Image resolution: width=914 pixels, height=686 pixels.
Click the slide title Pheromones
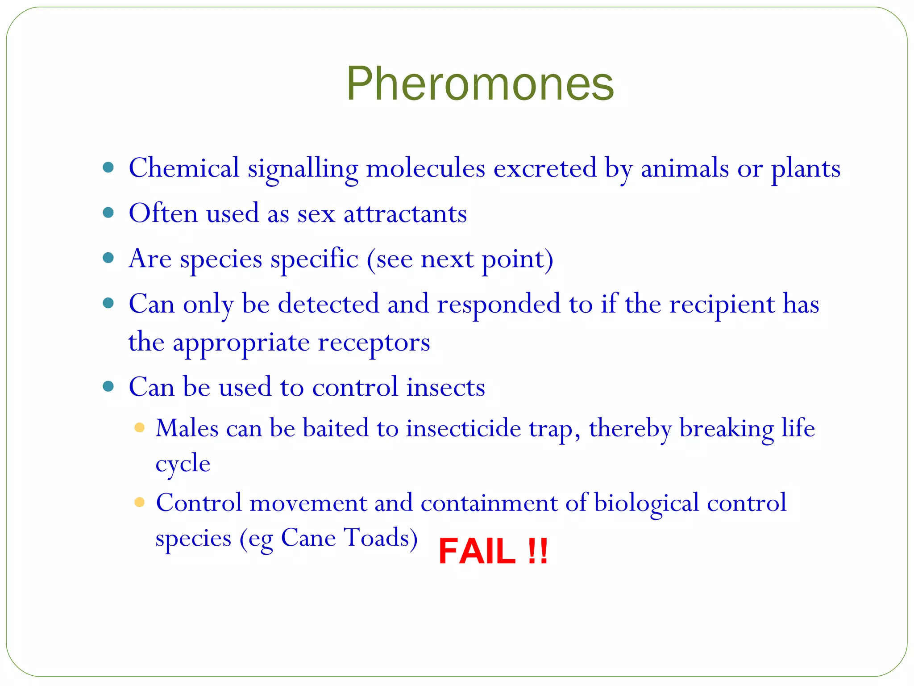(x=480, y=84)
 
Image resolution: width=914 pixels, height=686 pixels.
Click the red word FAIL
(x=477, y=551)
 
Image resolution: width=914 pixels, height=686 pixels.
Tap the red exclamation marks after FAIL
(x=537, y=551)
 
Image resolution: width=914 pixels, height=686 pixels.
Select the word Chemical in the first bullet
(x=184, y=168)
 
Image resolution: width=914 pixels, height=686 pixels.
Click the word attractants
(x=405, y=213)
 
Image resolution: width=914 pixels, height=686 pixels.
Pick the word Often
(x=163, y=213)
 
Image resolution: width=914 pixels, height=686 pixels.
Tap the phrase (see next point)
(x=460, y=259)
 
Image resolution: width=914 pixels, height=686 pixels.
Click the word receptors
(x=374, y=343)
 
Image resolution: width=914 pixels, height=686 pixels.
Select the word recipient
(x=722, y=305)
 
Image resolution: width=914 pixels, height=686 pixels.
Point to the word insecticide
(x=463, y=428)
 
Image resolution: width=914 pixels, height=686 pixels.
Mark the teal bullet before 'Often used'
(x=108, y=213)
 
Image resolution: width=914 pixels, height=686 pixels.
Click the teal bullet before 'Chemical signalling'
(x=108, y=168)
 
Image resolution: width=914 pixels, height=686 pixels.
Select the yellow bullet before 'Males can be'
(x=139, y=428)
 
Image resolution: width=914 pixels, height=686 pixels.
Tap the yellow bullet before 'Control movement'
(x=139, y=502)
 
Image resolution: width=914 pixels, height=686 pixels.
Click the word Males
(x=187, y=428)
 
